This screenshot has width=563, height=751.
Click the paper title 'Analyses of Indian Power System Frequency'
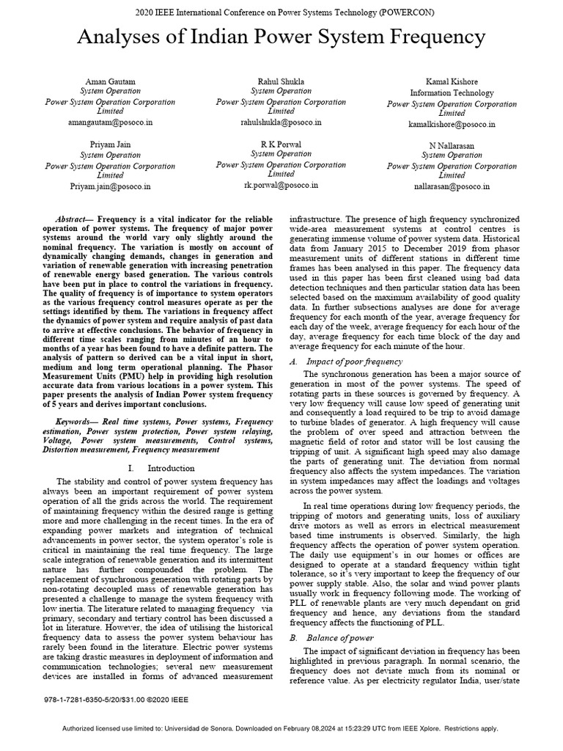tap(281, 37)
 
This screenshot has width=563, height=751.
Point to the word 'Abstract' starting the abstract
tap(73, 220)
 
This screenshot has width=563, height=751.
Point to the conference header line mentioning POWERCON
tap(281, 15)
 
